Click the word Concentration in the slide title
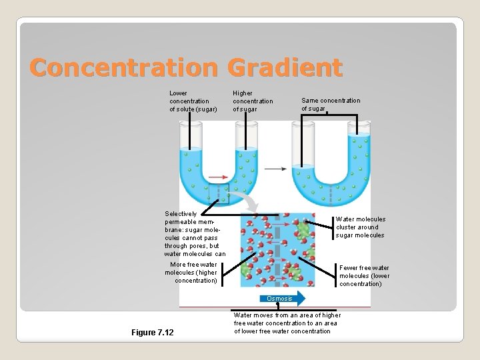tap(124, 67)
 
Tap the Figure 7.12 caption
tap(152, 332)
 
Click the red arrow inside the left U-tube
tap(217, 177)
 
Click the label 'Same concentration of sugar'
tap(330, 105)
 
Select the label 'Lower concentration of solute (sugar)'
tap(193, 101)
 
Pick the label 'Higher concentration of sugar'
tap(253, 101)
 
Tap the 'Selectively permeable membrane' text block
tap(195, 234)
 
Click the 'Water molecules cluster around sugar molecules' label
tap(360, 227)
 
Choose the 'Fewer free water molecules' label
tap(364, 276)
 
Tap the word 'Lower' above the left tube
tap(178, 93)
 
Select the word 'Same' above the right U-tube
tap(311, 101)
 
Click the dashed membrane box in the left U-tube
tap(218, 192)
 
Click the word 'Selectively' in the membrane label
tap(181, 214)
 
